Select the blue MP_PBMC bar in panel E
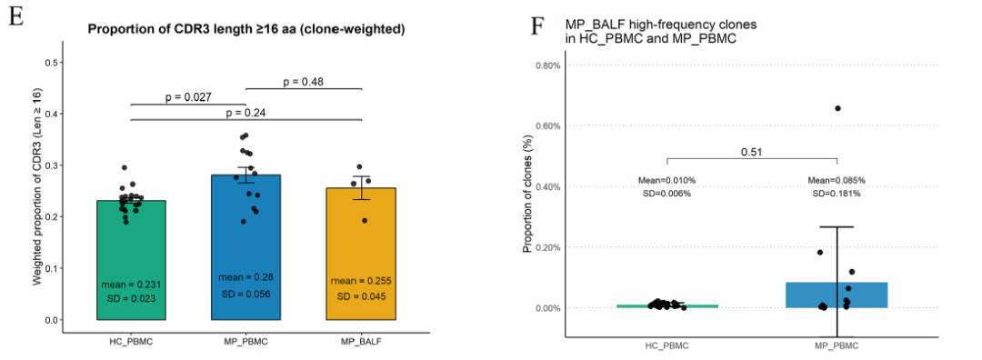tap(246, 247)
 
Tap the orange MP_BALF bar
tap(361, 254)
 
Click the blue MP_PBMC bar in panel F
tap(837, 295)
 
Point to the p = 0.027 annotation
tap(188, 97)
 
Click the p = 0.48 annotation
tap(303, 82)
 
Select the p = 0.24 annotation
tap(246, 113)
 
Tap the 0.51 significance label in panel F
tap(752, 152)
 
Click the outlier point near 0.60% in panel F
tap(838, 108)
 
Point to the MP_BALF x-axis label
tap(361, 342)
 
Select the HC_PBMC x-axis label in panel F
tap(666, 345)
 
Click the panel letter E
tap(16, 17)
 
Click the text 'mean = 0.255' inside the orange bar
tap(361, 281)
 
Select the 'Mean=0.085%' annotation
tap(837, 180)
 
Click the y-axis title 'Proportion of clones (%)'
tap(527, 197)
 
